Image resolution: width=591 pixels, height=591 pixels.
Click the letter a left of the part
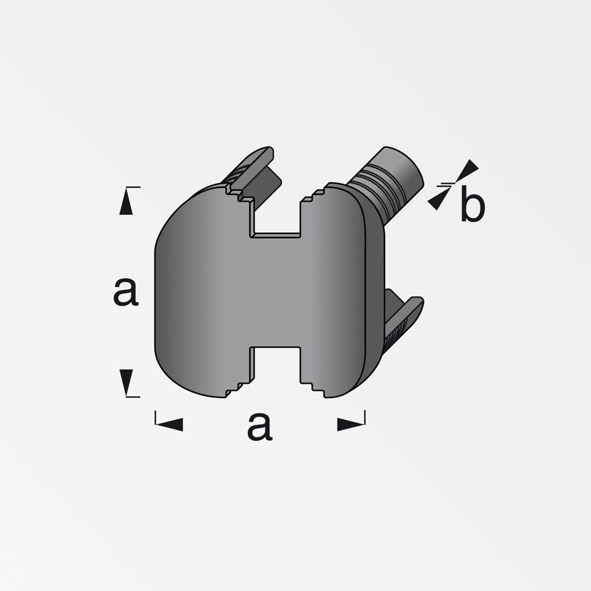pyautogui.click(x=125, y=293)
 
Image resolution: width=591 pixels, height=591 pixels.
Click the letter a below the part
pyautogui.click(x=260, y=427)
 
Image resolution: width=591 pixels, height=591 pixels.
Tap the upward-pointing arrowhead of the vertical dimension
pyautogui.click(x=126, y=202)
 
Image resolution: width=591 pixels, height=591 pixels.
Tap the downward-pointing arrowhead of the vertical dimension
pyautogui.click(x=126, y=382)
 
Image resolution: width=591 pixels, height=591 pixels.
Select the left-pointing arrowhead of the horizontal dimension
pyautogui.click(x=169, y=424)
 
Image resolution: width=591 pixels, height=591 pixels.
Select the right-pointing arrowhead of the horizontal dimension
pyautogui.click(x=350, y=424)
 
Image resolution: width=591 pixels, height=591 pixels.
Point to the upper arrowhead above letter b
pyautogui.click(x=468, y=169)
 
